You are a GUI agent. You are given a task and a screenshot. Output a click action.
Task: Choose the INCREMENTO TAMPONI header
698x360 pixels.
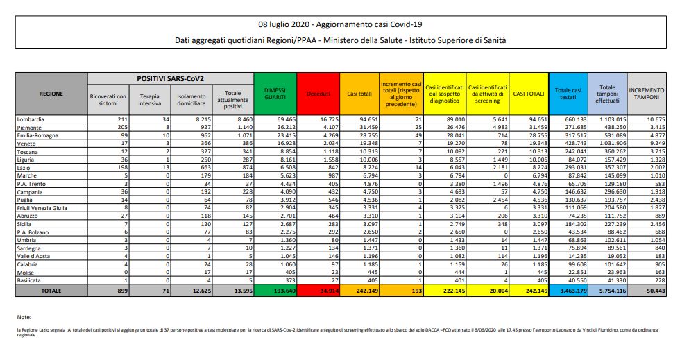(647, 95)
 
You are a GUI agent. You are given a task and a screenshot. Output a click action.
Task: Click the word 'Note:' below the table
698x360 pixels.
(24, 316)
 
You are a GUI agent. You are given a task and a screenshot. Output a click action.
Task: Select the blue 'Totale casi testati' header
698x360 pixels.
(567, 92)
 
